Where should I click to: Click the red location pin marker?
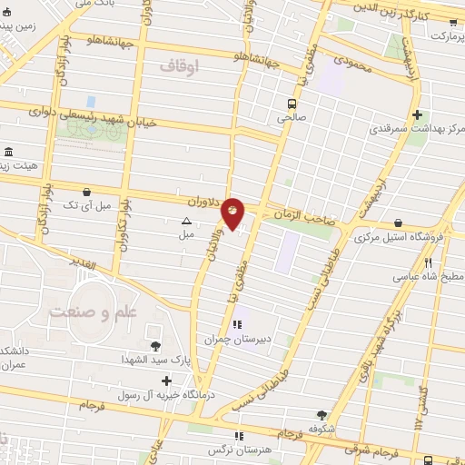232,213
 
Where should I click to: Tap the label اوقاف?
178,65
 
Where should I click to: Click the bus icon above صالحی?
291,103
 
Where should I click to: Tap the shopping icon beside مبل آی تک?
85,193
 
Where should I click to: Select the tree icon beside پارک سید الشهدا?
155,345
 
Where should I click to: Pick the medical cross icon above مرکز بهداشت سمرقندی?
417,114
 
